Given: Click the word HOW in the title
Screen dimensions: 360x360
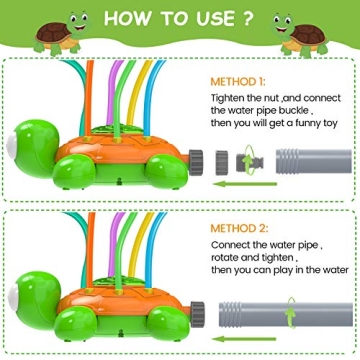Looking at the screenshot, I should coord(127,19).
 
